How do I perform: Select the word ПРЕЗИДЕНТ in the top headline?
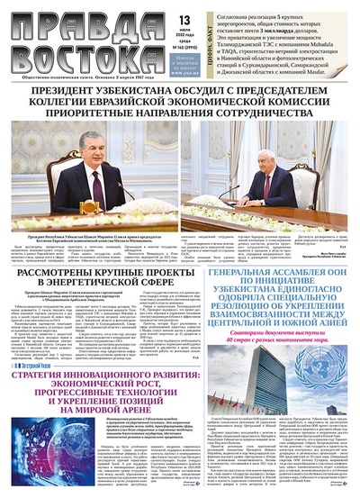pyautogui.click(x=80, y=94)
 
